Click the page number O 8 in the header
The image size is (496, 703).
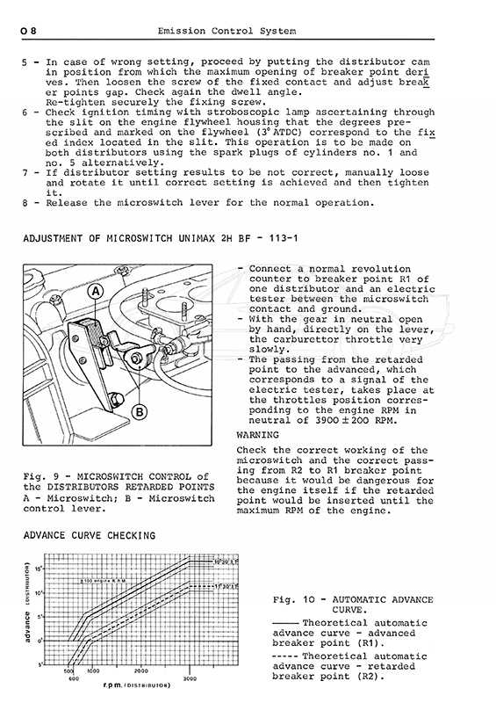coord(28,31)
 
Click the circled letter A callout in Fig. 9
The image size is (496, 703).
coord(96,292)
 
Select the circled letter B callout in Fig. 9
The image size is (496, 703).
coord(140,411)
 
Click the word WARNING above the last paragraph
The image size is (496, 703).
coord(257,435)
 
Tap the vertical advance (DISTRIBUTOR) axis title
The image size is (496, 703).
coord(28,602)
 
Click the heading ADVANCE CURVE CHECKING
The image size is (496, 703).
coord(90,535)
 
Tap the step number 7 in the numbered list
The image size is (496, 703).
coord(25,172)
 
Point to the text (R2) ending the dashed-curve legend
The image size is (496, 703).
coord(370,677)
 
